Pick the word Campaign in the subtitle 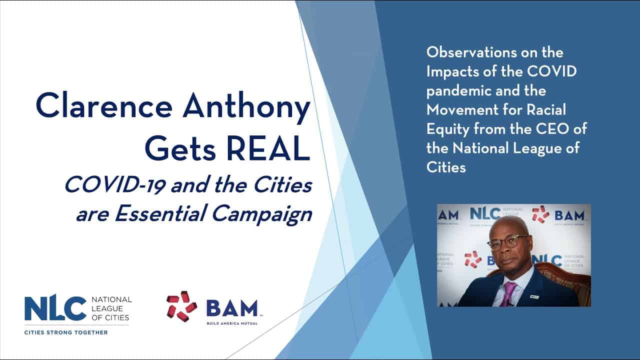[262, 215]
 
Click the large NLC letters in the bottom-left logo [55, 308]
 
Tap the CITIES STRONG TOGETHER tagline [66, 332]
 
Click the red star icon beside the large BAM [182, 306]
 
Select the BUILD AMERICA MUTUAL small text [232, 323]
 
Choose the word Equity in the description [448, 129]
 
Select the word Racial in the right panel [546, 110]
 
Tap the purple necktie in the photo [509, 293]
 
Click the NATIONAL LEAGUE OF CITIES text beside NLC [111, 308]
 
